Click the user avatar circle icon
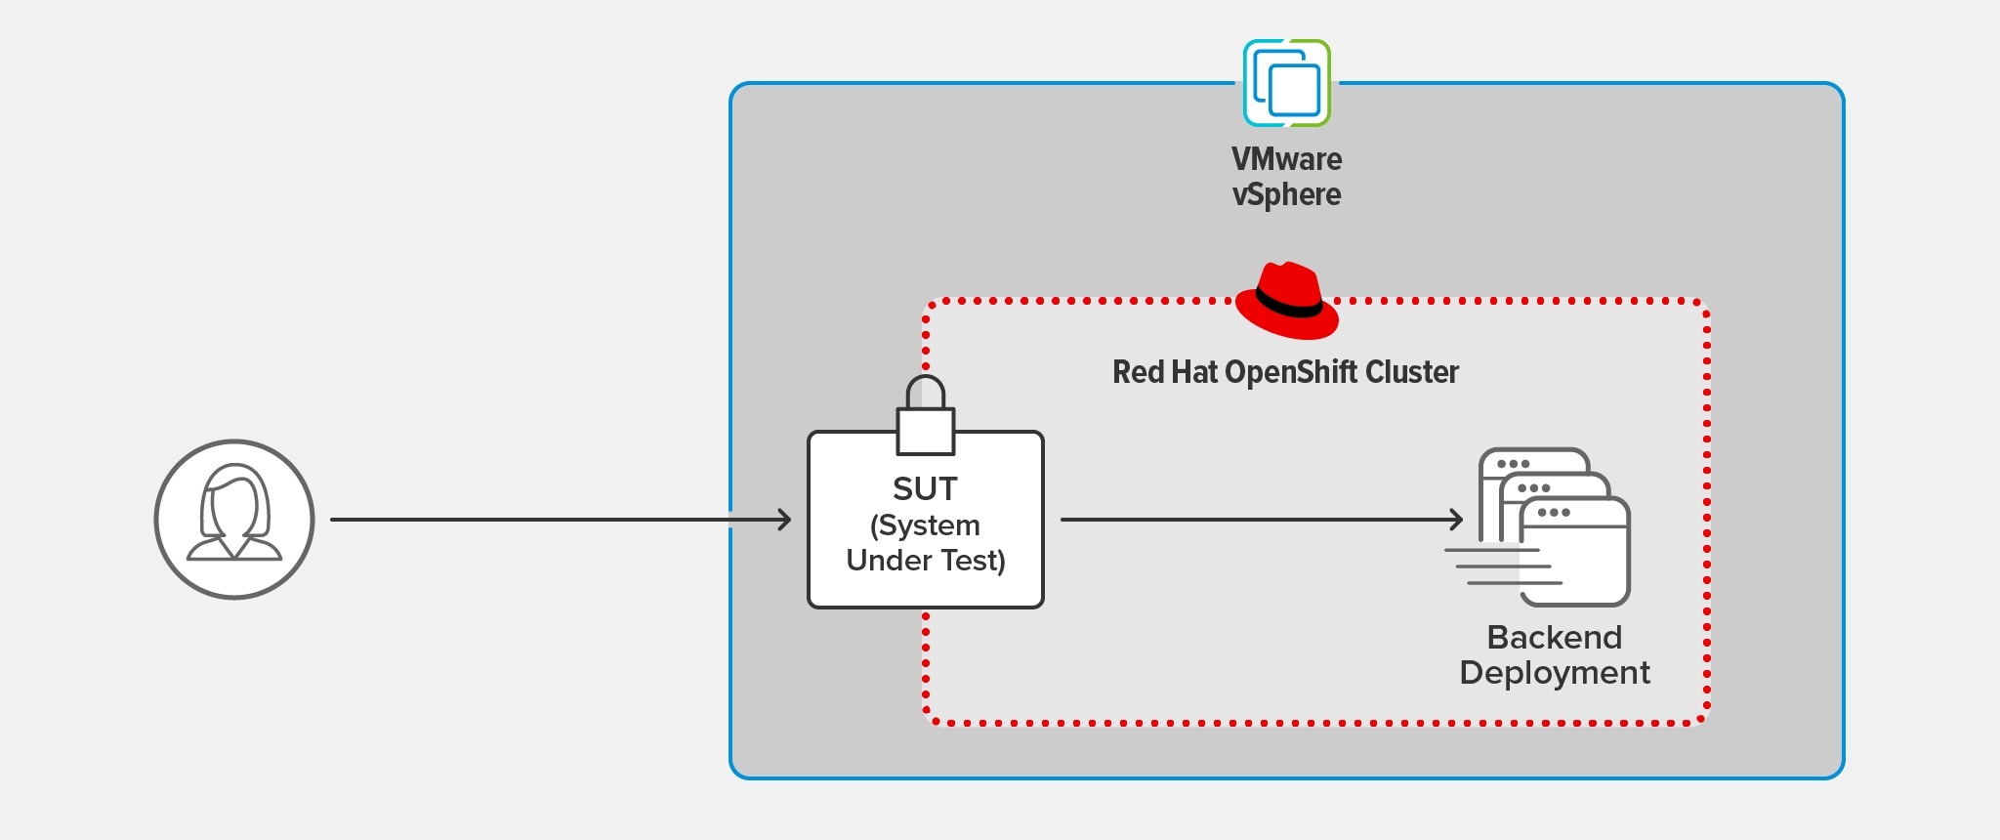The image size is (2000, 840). point(234,519)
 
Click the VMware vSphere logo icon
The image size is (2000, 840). point(1286,83)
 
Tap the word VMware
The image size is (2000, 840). point(1286,159)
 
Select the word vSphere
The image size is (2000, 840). point(1286,194)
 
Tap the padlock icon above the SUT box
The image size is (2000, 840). point(925,416)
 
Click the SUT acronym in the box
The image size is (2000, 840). point(925,488)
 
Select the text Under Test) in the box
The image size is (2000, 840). point(925,561)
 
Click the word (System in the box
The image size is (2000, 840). point(925,525)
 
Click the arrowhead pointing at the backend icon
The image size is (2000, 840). point(1456,520)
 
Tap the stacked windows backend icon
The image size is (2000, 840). point(1553,527)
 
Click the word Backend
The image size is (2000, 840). point(1554,638)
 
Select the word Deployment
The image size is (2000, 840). point(1554,673)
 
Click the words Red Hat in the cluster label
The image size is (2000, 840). point(1165,372)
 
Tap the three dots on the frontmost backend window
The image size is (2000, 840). point(1553,513)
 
